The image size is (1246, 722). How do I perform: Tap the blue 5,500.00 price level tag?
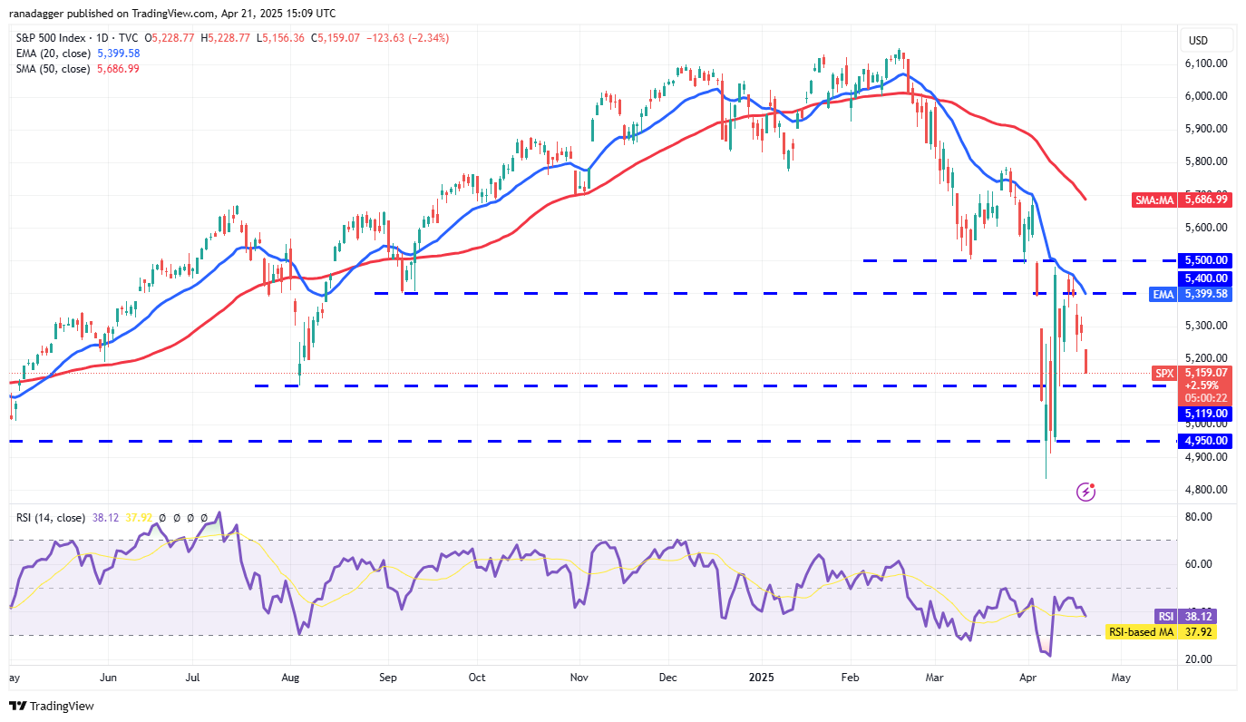tap(1204, 259)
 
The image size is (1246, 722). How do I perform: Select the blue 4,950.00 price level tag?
tap(1204, 441)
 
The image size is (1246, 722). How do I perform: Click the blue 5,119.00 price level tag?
tap(1204, 414)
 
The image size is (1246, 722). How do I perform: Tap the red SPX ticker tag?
tap(1164, 373)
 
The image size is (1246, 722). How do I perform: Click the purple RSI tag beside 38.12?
tap(1164, 616)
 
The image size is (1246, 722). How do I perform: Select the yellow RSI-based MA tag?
tap(1140, 631)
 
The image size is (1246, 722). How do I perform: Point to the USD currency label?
tap(1198, 40)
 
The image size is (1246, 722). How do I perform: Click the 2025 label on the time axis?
tap(754, 677)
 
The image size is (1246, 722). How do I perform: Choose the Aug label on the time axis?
tap(291, 677)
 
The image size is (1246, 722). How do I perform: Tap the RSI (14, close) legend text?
tap(51, 518)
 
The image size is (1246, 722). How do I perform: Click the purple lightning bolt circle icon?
tap(1085, 492)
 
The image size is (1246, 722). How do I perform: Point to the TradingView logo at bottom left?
tap(52, 706)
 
